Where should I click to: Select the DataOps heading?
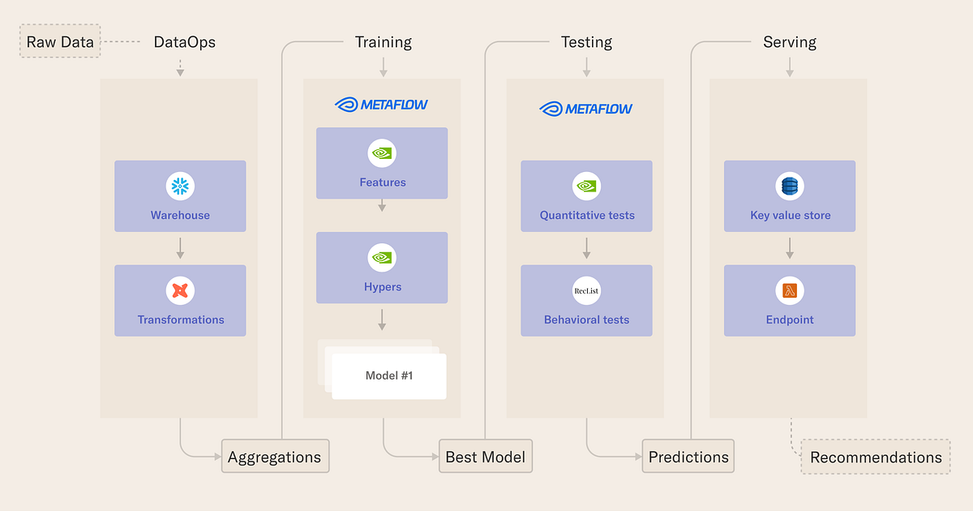(x=185, y=42)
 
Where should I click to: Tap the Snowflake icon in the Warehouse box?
(x=180, y=187)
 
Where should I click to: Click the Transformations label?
(x=180, y=320)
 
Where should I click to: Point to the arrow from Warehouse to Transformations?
(x=180, y=248)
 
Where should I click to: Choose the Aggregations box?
(x=275, y=457)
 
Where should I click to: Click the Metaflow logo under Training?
(x=381, y=105)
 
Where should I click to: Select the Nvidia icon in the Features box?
(x=382, y=152)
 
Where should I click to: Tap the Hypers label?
(x=382, y=287)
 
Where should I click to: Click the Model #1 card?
(x=389, y=376)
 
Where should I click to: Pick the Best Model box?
(x=485, y=457)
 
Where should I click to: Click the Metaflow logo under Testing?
(x=585, y=109)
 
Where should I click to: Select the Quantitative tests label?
(x=586, y=216)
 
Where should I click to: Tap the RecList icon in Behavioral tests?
(x=586, y=290)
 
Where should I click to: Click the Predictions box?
(x=688, y=457)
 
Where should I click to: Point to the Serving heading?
(x=789, y=42)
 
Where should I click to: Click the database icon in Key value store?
(x=789, y=187)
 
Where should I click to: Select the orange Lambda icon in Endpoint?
(x=789, y=290)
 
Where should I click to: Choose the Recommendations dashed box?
(x=876, y=457)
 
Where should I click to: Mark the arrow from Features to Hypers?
(x=382, y=206)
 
